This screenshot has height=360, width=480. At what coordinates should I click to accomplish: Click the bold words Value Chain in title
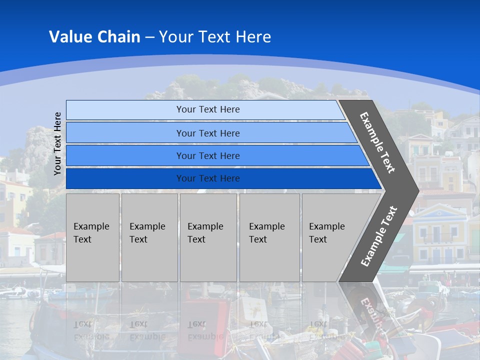point(94,37)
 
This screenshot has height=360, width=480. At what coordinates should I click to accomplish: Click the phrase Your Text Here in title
point(215,37)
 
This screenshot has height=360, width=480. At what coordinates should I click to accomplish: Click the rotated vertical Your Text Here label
point(57,144)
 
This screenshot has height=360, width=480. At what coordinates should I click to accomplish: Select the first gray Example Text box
point(92,237)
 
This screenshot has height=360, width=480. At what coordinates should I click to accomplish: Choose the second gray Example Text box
point(149,237)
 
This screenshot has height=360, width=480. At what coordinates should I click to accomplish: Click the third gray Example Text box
point(208,237)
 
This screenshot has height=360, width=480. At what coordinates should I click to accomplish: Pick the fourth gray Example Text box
point(269,237)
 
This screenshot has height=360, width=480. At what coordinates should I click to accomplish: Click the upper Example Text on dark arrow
point(377,142)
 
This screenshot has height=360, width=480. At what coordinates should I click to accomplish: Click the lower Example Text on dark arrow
point(378,236)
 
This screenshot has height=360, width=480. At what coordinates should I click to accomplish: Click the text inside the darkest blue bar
point(208,178)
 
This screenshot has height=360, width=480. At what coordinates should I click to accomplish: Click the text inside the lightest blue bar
point(208,109)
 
